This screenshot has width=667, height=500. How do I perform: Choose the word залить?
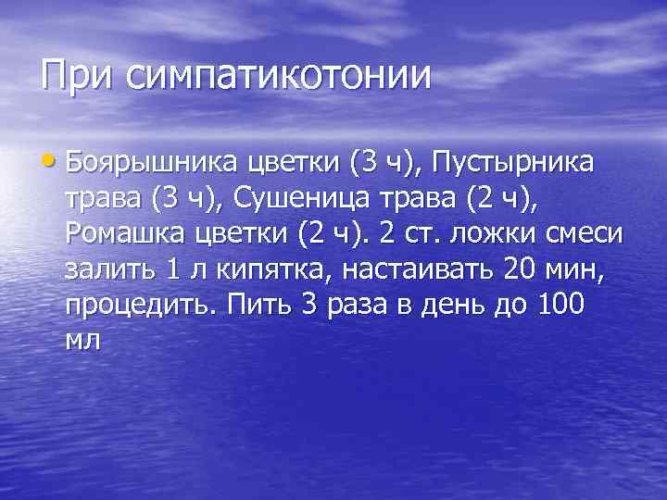[x=109, y=271]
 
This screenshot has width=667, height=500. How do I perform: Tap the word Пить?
[x=262, y=305]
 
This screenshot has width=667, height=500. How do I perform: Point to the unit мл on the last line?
[x=82, y=341]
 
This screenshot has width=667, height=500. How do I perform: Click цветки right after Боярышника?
[x=296, y=168]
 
